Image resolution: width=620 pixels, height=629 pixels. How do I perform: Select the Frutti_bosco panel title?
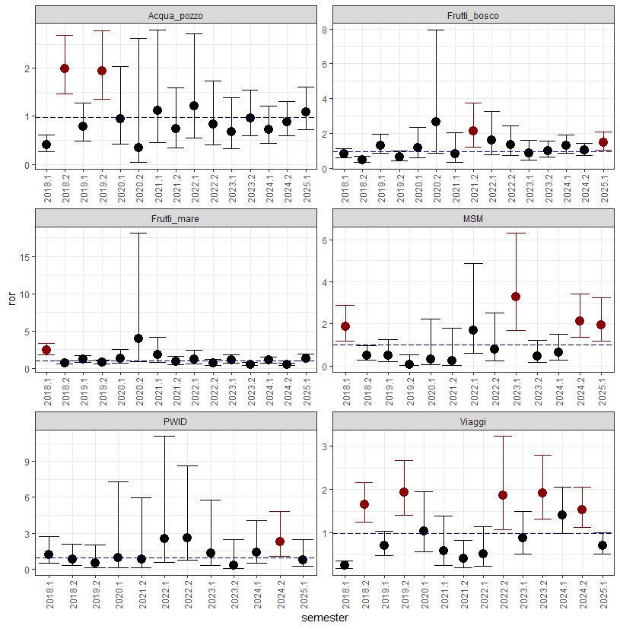tap(473, 14)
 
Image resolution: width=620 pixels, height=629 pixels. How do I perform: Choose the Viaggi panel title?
tap(473, 422)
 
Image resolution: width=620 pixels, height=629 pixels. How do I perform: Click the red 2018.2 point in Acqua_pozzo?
tap(65, 68)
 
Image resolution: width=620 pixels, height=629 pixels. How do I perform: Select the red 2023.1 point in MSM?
tap(515, 297)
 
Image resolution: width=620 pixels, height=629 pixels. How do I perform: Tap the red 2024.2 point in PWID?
tap(280, 542)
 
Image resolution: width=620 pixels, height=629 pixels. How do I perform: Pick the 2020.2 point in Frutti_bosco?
tap(436, 122)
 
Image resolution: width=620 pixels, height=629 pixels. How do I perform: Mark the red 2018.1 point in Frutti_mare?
tap(46, 350)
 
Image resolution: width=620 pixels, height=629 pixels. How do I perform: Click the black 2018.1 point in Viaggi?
tap(345, 565)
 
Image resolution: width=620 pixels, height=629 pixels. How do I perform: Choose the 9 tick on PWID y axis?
tap(27, 461)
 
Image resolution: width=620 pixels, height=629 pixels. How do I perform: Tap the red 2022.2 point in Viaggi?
tap(502, 495)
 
